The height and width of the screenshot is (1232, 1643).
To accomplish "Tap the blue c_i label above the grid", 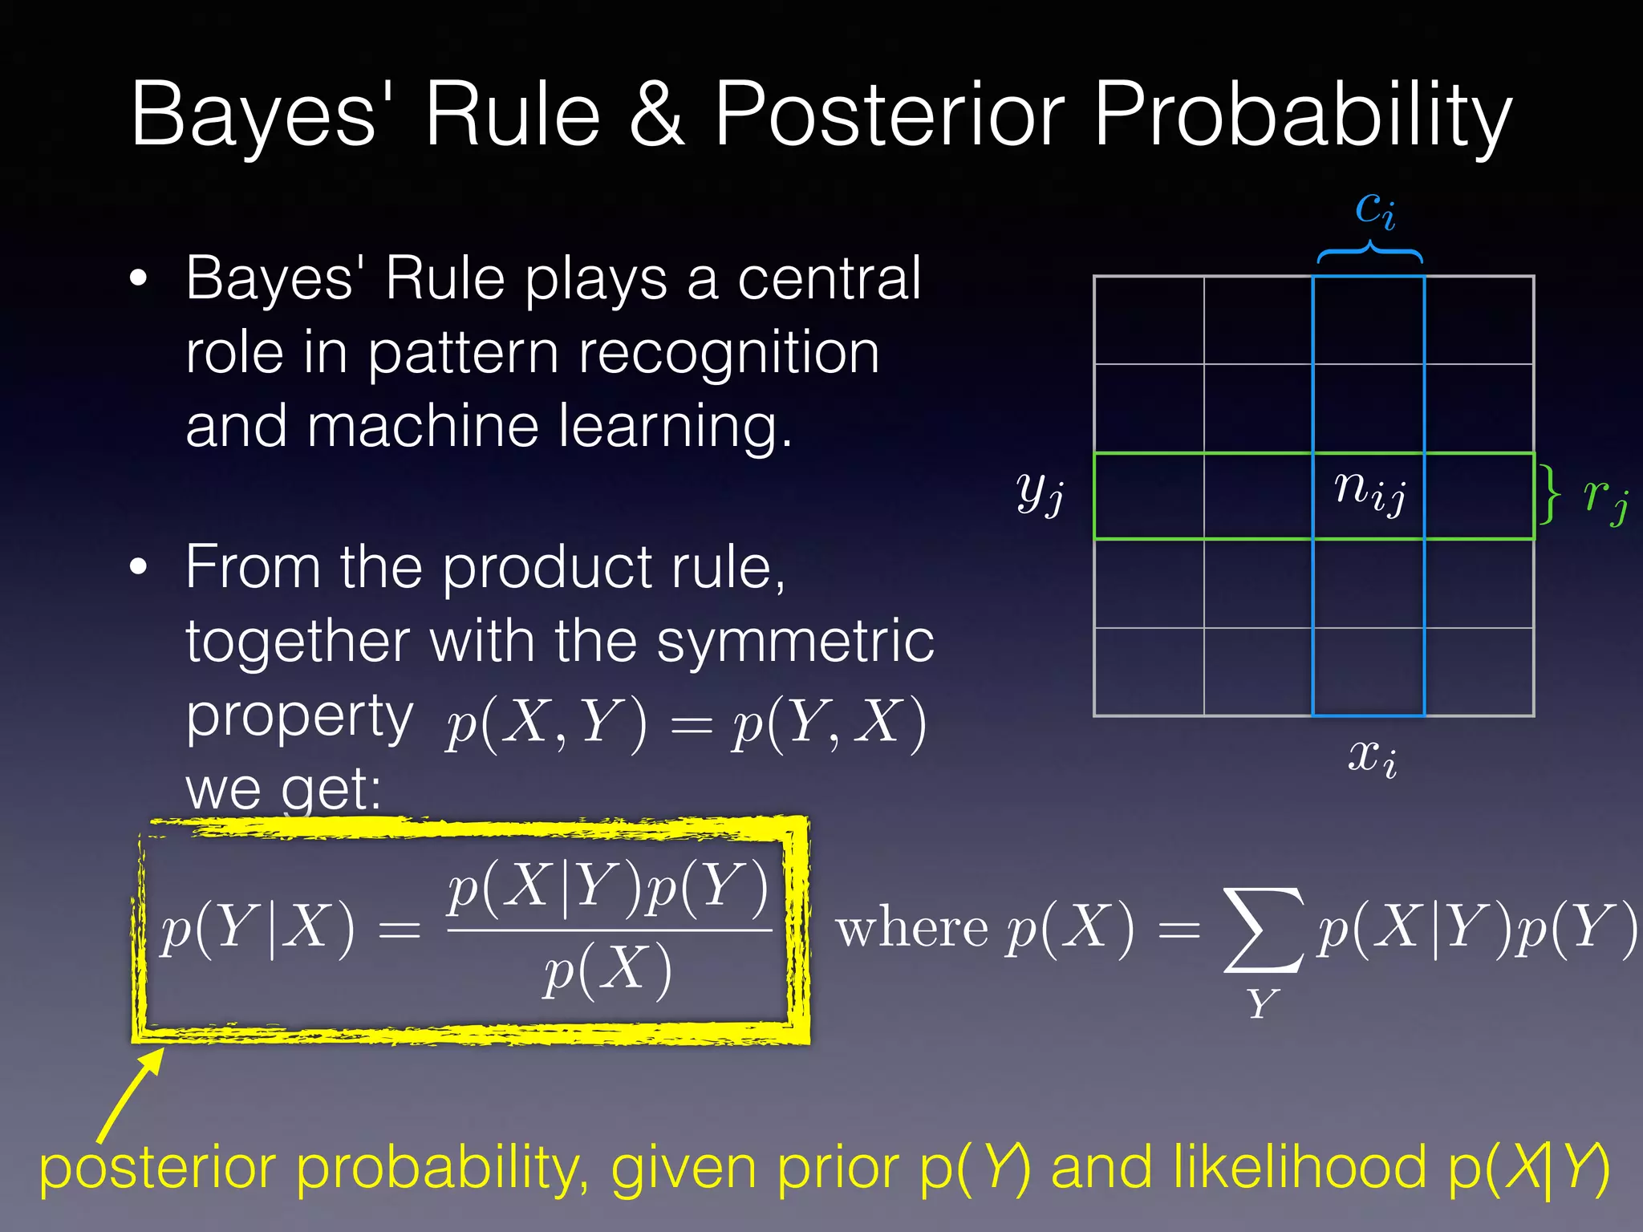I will coord(1375,211).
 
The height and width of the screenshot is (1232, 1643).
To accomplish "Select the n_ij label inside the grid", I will coord(1369,490).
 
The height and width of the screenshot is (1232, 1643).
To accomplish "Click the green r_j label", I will coord(1605,496).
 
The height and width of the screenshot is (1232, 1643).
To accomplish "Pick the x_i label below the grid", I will coord(1372,756).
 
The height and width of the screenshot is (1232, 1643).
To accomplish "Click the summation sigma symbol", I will coord(1262,930).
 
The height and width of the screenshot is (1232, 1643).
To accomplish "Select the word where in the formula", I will coord(911,930).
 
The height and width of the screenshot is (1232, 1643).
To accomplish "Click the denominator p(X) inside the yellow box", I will coord(607,971).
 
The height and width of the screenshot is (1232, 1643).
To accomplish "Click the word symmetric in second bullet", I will coord(795,642).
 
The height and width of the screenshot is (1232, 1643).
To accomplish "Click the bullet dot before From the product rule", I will coord(139,566).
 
